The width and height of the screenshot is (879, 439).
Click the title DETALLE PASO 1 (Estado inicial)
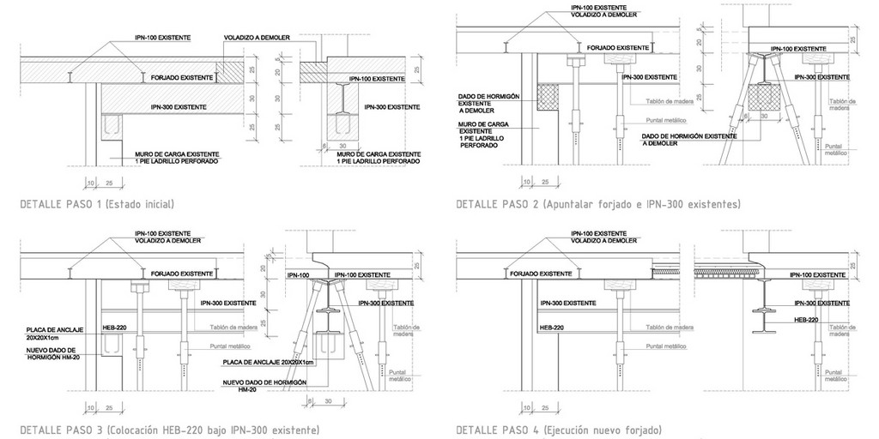[96, 205]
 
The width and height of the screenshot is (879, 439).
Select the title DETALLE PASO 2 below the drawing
[598, 205]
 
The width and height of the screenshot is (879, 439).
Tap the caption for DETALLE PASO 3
[169, 430]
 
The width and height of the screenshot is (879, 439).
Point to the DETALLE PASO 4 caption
[559, 430]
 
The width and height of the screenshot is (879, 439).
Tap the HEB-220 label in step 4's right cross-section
[806, 320]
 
